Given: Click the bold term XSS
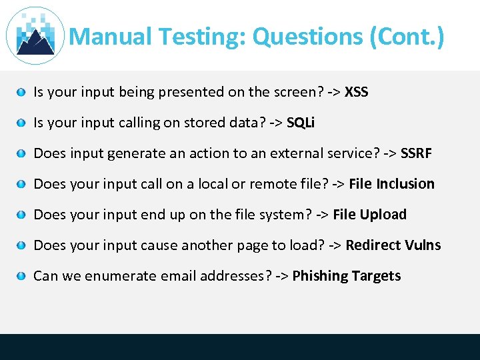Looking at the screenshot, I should (x=357, y=92).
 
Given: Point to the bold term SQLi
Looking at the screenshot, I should (x=301, y=123).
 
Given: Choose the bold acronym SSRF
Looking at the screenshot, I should (x=416, y=153).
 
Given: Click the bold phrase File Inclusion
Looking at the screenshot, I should (x=391, y=184).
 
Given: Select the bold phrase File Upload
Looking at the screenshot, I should (x=369, y=215).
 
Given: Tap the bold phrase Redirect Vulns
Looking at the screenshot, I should (x=393, y=245).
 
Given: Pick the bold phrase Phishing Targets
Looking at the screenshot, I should (x=347, y=276).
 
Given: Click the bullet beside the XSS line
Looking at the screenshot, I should (x=22, y=93).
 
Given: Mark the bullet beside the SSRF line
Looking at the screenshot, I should (x=22, y=154).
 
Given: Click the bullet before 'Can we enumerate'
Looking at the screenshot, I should (x=22, y=277).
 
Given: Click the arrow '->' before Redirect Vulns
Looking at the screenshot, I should (x=335, y=245).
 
